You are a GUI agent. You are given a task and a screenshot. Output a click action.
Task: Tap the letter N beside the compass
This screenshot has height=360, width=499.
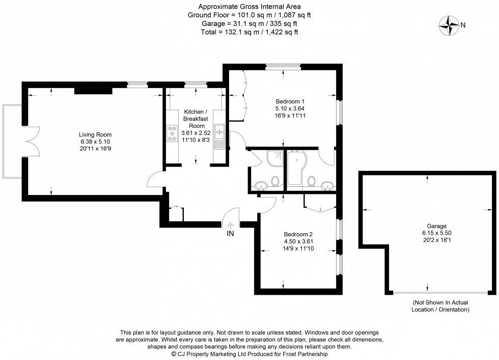coord(463,24)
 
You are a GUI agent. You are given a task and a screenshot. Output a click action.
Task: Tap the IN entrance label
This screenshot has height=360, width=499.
coord(231,235)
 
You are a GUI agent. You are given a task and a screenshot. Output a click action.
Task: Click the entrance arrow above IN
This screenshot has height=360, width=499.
coord(231,225)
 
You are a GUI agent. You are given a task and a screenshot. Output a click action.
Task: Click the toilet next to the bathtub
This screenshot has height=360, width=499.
coord(312,181)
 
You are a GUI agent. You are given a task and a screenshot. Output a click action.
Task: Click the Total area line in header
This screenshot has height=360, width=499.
coord(249,32)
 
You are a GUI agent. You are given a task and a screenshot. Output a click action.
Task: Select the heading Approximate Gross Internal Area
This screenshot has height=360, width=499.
coord(249,7)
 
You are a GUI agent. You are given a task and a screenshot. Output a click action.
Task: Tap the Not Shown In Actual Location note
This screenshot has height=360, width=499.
coord(441,306)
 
